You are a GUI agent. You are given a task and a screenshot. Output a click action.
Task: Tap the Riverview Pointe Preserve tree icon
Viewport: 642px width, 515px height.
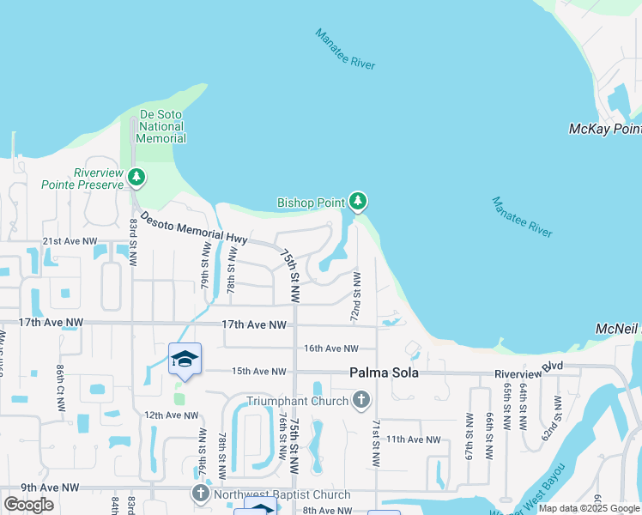click(x=136, y=178)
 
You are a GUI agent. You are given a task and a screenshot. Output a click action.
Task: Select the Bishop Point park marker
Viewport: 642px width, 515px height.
click(x=358, y=202)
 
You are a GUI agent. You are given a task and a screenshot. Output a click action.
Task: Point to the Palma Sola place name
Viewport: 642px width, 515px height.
click(x=382, y=373)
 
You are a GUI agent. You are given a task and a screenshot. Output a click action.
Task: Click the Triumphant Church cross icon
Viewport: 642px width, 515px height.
click(x=361, y=400)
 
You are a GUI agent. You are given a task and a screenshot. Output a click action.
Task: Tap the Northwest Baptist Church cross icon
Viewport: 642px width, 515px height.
click(x=200, y=494)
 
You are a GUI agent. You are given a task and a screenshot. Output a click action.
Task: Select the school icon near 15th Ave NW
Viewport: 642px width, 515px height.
click(x=184, y=359)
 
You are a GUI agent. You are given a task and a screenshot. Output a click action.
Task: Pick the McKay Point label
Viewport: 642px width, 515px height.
click(x=605, y=129)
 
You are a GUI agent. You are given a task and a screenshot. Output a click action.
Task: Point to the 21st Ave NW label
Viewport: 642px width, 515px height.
click(x=70, y=243)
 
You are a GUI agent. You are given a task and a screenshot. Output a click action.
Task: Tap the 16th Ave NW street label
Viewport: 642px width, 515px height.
click(x=330, y=348)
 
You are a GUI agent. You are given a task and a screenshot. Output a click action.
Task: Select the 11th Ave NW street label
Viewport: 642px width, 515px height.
click(x=413, y=439)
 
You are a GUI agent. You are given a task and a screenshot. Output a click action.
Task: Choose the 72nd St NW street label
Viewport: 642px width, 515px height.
click(x=355, y=297)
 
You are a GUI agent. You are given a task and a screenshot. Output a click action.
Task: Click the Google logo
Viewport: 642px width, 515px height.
click(x=28, y=505)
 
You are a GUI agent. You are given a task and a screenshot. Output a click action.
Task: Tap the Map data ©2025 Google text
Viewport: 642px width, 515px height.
click(x=589, y=508)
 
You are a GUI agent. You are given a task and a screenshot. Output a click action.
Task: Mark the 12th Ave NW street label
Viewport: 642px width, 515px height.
click(x=171, y=415)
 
